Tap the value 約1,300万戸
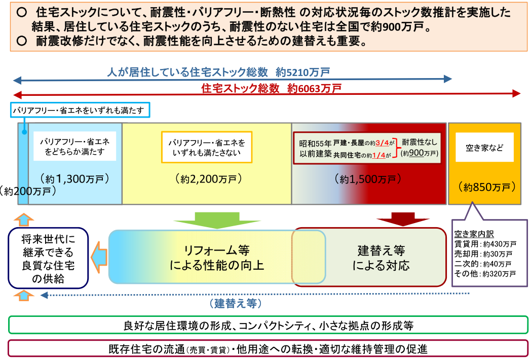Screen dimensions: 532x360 pos(74,178)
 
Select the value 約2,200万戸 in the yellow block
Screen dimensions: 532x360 pos(208,178)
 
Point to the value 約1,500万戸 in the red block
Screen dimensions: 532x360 pos(368,178)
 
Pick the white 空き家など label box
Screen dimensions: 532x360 pos(484,148)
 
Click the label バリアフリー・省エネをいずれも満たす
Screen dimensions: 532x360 pos(80,110)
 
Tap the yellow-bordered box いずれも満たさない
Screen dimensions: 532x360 pos(207,148)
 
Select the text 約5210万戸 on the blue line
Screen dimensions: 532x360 pos(302,72)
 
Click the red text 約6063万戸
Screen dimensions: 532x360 pos(314,89)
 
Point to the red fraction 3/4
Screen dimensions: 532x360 pos(382,143)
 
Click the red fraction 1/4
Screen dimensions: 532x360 pos(378,155)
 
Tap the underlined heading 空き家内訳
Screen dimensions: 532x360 pos(474,234)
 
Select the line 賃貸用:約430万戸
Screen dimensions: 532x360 pos(485,244)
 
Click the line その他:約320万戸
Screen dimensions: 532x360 pos(485,274)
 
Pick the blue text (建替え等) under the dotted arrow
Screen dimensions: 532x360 pos(236,303)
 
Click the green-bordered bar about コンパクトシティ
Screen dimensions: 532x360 pos(268,326)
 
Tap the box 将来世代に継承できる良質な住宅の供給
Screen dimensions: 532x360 pos(48,258)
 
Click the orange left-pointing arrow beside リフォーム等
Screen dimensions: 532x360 pos(98,258)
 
